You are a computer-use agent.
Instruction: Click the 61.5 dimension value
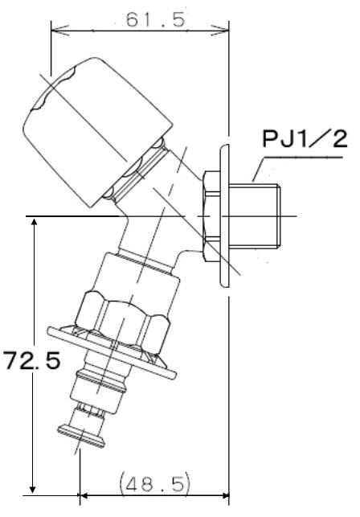tap(156, 20)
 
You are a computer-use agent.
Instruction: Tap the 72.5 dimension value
tap(32, 359)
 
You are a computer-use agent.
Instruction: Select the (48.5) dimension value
tap(155, 483)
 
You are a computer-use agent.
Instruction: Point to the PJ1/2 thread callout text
tap(305, 139)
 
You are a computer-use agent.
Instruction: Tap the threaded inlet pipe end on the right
tap(255, 216)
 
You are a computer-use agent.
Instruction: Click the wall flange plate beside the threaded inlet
tap(224, 216)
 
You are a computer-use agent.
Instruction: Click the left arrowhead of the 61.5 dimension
tap(60, 30)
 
